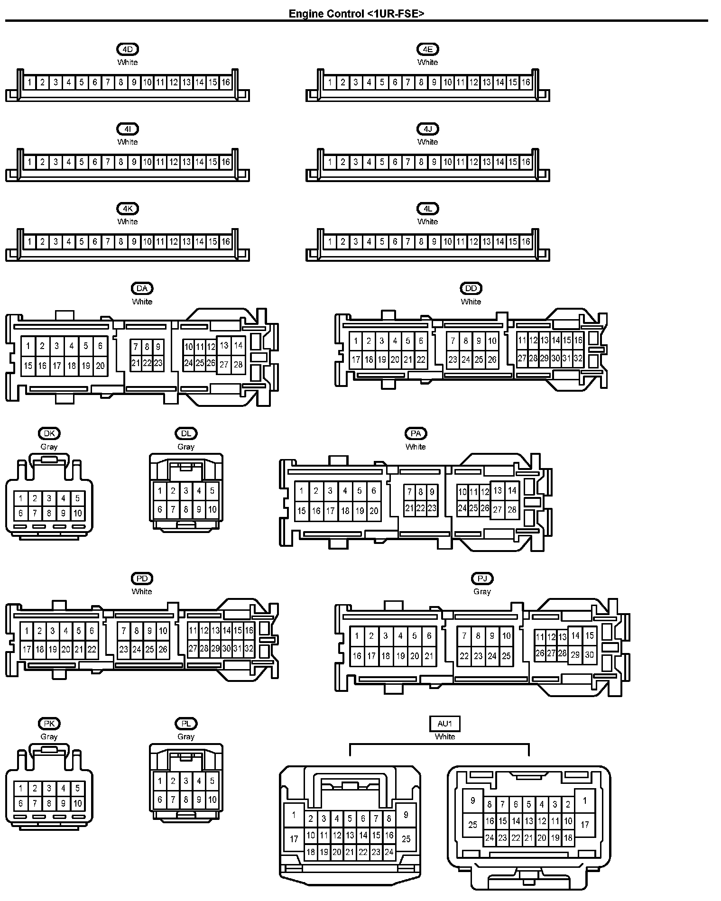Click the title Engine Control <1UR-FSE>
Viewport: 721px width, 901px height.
(x=356, y=13)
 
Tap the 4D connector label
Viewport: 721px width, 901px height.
(x=128, y=49)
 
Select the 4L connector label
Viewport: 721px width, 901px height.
(x=428, y=209)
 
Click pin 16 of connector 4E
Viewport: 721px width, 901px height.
(x=526, y=83)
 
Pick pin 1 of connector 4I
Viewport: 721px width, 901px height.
(x=29, y=162)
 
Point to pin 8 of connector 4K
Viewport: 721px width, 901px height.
(x=121, y=242)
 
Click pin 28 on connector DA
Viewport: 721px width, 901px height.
(x=238, y=365)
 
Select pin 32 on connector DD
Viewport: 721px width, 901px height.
(x=578, y=359)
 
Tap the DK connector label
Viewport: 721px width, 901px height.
(x=49, y=433)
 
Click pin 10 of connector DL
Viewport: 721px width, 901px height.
(x=212, y=510)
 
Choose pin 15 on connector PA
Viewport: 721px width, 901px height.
(x=302, y=511)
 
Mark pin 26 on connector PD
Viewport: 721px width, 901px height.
(x=163, y=649)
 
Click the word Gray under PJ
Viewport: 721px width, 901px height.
(x=482, y=591)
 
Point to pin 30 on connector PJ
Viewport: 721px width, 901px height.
(x=589, y=654)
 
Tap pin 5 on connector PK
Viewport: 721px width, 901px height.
(x=77, y=789)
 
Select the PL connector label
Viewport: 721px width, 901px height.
(x=186, y=724)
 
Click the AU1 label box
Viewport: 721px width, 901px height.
(x=444, y=724)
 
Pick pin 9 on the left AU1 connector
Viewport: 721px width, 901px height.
(x=406, y=815)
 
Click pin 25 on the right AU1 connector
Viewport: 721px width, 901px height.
(x=472, y=825)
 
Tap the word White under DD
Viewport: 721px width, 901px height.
(x=471, y=302)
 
